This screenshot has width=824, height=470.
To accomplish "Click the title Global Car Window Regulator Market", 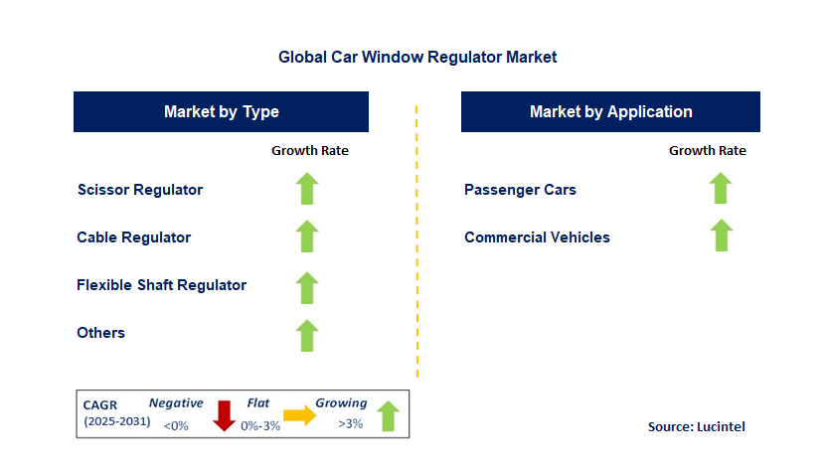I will pyautogui.click(x=417, y=58).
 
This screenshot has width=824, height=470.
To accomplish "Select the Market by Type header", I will pyautogui.click(x=221, y=111).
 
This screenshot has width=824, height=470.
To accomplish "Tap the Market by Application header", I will pyautogui.click(x=610, y=111).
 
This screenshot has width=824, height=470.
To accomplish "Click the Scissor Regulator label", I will pyautogui.click(x=140, y=189).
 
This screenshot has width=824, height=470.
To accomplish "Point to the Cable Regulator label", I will pyautogui.click(x=134, y=237).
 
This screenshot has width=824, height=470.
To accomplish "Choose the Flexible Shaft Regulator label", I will pyautogui.click(x=162, y=285).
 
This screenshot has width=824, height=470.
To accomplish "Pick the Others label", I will pyautogui.click(x=101, y=333).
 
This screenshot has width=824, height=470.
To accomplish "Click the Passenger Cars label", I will pyautogui.click(x=520, y=189).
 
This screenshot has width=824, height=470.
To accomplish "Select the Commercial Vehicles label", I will pyautogui.click(x=538, y=237).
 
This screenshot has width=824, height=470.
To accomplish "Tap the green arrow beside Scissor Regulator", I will pyautogui.click(x=307, y=189).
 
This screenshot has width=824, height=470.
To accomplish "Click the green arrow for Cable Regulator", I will pyautogui.click(x=307, y=236).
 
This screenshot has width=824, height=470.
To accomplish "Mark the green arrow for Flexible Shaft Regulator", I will pyautogui.click(x=307, y=286).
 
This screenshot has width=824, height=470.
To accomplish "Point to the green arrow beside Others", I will pyautogui.click(x=307, y=335).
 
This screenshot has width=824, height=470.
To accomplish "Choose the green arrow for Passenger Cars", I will pyautogui.click(x=721, y=188).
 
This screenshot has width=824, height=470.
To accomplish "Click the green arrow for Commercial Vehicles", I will pyautogui.click(x=721, y=235).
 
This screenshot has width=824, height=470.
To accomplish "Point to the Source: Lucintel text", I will pyautogui.click(x=696, y=426).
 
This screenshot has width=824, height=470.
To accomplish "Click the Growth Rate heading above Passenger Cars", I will pyautogui.click(x=707, y=151).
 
